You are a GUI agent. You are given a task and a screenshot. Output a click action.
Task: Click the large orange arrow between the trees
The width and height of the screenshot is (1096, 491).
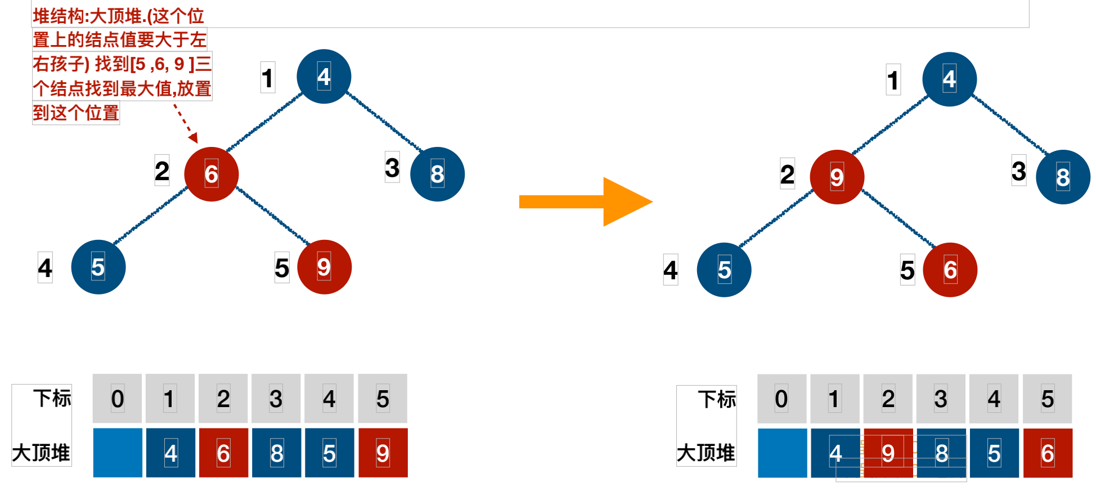pos(585,202)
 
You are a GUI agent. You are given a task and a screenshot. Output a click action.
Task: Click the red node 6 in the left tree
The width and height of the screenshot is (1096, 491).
pos(212,174)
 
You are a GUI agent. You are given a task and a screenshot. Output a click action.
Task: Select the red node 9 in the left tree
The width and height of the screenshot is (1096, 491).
pos(324,267)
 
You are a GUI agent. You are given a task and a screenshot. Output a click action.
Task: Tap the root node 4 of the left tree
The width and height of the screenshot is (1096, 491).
pos(324,77)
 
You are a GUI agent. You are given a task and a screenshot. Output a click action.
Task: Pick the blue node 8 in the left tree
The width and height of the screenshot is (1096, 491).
pos(437,174)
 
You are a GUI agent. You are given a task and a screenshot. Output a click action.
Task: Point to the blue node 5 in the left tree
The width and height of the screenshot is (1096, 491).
pos(98,267)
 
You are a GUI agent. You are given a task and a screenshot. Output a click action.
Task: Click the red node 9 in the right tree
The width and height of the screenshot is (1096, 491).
pos(837,177)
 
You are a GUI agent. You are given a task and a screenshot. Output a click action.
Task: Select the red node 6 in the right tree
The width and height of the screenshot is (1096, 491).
pos(950,270)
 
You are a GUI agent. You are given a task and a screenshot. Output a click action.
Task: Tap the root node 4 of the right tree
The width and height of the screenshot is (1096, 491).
pos(949,79)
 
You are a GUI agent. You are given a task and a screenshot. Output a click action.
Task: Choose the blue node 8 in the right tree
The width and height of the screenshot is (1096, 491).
pos(1063,177)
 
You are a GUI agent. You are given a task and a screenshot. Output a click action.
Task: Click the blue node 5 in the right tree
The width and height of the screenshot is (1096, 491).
pos(724,270)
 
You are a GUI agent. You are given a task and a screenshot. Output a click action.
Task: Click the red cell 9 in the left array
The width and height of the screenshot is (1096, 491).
pos(383,453)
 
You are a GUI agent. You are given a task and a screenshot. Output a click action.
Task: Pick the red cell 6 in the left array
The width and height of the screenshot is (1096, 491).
pos(223,453)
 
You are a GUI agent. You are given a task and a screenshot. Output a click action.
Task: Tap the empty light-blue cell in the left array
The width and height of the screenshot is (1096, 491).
pos(118,453)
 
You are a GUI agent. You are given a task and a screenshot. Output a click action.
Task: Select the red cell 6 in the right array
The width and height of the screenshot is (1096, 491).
pos(1048,453)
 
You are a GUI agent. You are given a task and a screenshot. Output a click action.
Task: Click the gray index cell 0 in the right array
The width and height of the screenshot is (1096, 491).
pos(781,399)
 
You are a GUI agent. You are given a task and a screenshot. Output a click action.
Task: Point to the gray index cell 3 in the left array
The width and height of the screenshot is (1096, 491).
pos(276,399)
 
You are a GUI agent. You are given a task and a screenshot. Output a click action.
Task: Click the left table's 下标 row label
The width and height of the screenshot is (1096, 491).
pos(52,398)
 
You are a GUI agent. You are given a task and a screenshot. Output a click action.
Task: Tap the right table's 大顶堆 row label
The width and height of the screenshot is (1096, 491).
pos(706,453)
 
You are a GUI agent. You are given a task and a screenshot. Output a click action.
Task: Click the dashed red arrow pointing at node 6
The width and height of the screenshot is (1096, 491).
pos(185,123)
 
